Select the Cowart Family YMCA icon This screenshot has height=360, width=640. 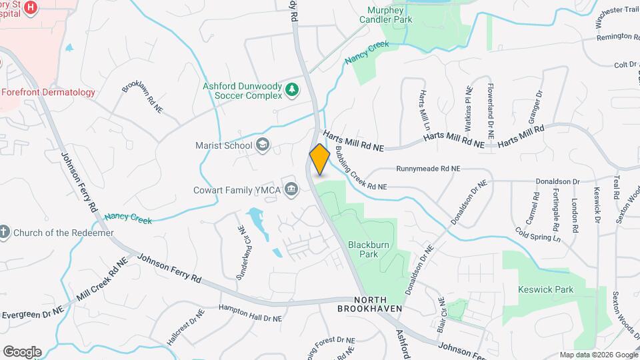coord(291,191)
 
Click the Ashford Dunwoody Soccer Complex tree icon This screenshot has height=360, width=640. coord(291,89)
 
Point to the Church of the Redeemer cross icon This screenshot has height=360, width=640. coord(4,233)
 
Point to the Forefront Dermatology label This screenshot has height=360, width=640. coord(48,92)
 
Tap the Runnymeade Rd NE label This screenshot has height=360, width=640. coord(428,169)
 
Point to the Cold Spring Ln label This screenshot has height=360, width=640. coord(537,234)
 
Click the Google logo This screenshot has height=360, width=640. coord(22,351)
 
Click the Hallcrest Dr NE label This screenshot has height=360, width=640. coord(185,329)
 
